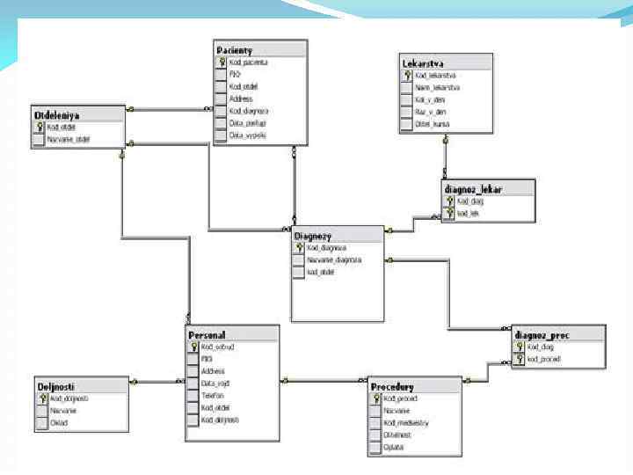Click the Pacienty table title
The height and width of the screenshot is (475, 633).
tap(236, 50)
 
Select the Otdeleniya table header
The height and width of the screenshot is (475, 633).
tap(56, 115)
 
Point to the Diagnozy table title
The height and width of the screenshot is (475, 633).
tap(314, 236)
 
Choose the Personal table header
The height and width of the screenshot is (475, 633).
tap(207, 335)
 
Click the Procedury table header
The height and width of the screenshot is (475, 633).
tap(393, 387)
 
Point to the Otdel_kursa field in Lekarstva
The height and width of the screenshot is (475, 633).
tap(433, 124)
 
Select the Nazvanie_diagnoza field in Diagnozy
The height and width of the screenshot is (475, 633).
tap(334, 260)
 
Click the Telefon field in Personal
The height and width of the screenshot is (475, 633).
tap(213, 396)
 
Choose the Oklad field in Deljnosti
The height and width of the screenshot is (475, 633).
tap(58, 423)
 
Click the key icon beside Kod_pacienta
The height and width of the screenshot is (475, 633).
tap(222, 63)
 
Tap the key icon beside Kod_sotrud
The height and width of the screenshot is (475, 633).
tap(193, 347)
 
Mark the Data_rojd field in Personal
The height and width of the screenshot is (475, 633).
tap(215, 384)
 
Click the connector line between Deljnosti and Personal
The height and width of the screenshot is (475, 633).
tap(145, 382)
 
